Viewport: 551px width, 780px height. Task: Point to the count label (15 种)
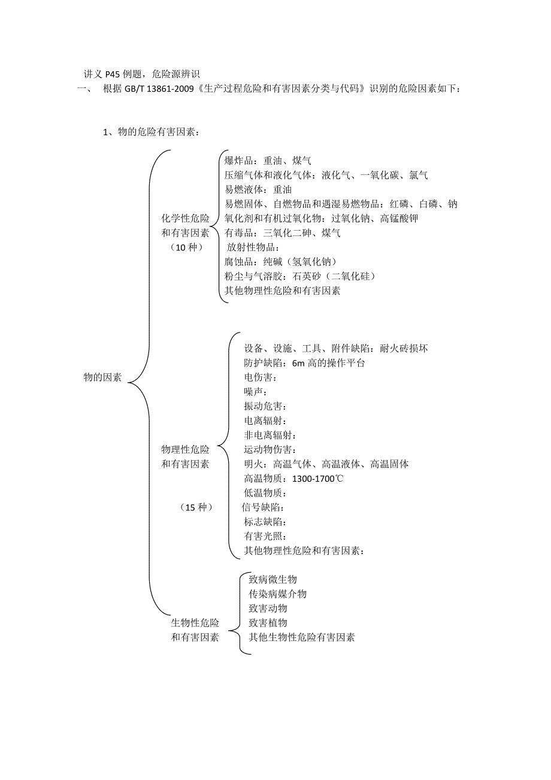tap(196, 507)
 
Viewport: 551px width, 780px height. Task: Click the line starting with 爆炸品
tap(268, 161)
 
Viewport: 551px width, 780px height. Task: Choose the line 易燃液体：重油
tap(258, 189)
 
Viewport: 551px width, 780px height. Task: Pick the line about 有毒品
tap(282, 233)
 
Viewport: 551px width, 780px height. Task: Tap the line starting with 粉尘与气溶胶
tap(299, 276)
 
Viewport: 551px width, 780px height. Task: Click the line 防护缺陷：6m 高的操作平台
tap(304, 363)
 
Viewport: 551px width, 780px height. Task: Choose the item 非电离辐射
tap(270, 435)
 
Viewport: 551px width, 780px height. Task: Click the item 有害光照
tap(265, 536)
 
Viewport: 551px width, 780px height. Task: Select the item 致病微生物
tap(273, 579)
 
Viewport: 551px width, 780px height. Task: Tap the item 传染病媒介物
tap(277, 594)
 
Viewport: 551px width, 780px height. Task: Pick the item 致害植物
tap(268, 623)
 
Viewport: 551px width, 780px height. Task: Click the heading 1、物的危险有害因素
tap(152, 132)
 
